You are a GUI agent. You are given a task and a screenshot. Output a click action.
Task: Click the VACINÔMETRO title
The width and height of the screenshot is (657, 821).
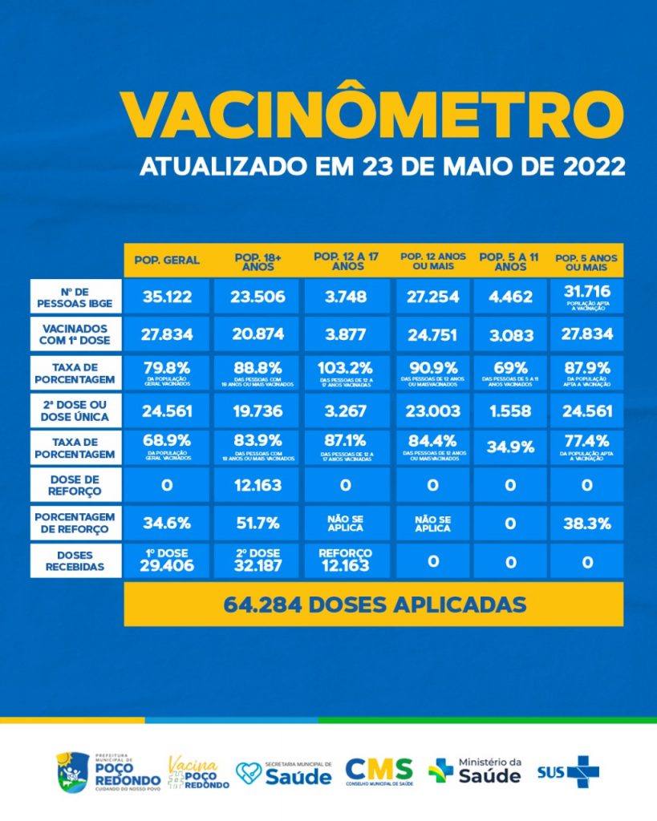[x=372, y=115]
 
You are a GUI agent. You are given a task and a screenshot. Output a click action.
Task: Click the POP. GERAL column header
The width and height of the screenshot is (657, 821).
[x=167, y=261]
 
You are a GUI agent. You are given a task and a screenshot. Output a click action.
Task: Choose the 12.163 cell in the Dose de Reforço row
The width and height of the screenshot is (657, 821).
[x=258, y=485]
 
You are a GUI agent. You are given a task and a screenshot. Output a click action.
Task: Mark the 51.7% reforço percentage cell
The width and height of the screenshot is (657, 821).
[x=258, y=524]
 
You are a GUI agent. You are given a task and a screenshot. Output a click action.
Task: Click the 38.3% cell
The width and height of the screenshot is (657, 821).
[x=587, y=524]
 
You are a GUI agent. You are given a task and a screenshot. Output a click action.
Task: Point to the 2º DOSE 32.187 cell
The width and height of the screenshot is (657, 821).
[x=258, y=560]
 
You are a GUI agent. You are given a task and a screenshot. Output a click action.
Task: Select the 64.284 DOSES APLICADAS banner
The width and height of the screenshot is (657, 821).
[x=373, y=604]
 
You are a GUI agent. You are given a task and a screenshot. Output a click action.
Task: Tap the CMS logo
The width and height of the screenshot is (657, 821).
[x=379, y=770]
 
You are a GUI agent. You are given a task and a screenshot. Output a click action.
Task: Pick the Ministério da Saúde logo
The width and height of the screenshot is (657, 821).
[x=475, y=770]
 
